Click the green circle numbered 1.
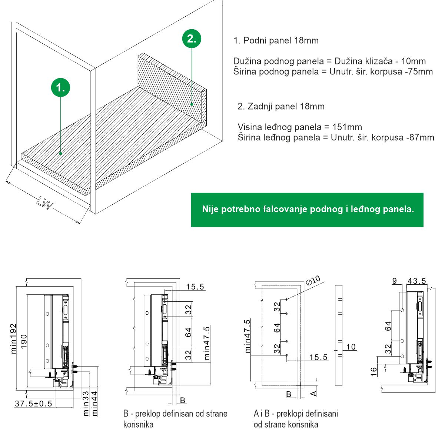pos(60,87)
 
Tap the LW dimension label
pos(45,203)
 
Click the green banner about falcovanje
pos(307,210)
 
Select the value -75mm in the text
pos(419,71)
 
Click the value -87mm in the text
pos(420,138)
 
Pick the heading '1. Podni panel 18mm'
pos(276,41)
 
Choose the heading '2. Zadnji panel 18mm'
pos(281,107)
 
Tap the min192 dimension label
pos(14,338)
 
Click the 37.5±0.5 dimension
pos(33,404)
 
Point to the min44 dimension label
pos(94,403)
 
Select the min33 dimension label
pos(86,403)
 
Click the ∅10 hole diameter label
pos(313,280)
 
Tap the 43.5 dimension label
pos(416,281)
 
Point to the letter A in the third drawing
pos(313,393)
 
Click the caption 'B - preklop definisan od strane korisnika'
pos(175,419)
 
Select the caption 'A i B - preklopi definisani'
pos(296,414)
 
